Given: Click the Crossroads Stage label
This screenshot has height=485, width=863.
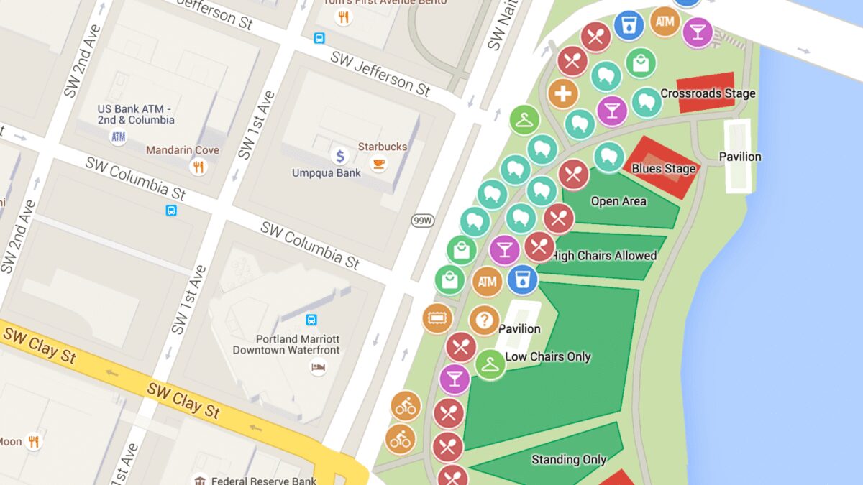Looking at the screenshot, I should click(x=708, y=93).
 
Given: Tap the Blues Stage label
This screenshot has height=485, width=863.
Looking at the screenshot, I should click(x=663, y=169).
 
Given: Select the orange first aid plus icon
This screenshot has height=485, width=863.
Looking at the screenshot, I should click(x=563, y=93).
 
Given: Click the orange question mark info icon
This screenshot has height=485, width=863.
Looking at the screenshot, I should click(x=484, y=320).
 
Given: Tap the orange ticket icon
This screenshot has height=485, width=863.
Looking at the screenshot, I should click(x=437, y=318).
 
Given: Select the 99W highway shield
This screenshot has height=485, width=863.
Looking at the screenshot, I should click(x=422, y=221).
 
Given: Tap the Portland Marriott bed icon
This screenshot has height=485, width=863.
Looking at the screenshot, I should click(x=317, y=368).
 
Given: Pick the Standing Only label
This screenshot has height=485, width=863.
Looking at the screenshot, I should click(x=568, y=460).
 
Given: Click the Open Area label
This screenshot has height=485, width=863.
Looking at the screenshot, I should click(x=618, y=201).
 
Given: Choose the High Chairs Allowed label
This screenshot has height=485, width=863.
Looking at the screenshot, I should click(x=604, y=256).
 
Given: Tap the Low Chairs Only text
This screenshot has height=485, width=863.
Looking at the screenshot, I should click(x=548, y=356).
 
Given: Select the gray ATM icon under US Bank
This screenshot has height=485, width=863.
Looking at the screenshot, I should click(x=118, y=136).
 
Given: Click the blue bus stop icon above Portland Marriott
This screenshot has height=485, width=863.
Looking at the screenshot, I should click(x=311, y=320).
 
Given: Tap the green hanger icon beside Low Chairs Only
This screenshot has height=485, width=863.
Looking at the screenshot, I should click(x=490, y=364).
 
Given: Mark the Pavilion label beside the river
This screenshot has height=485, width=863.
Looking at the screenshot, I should click(x=739, y=157).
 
